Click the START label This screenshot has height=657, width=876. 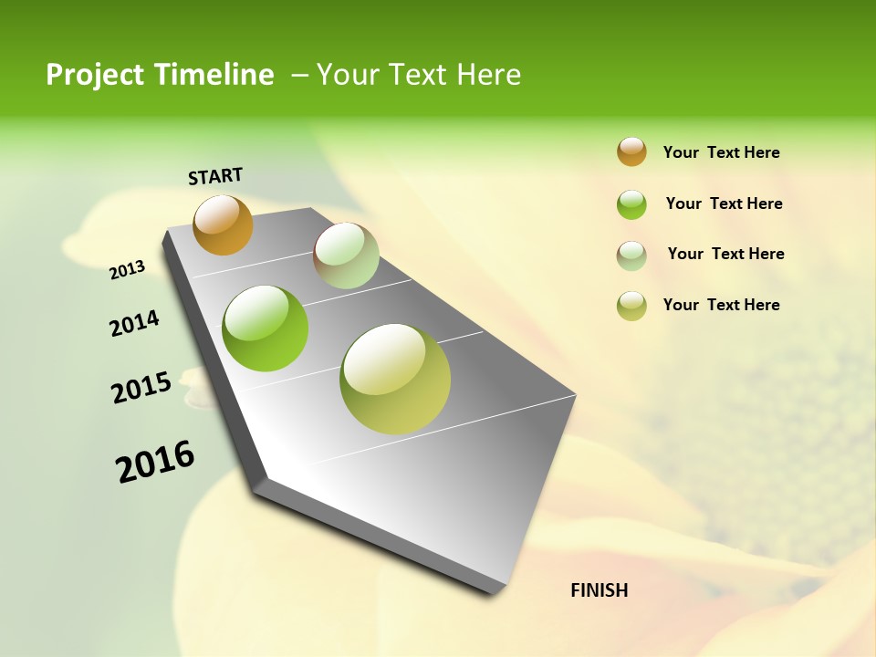215,176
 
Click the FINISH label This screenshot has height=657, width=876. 599,590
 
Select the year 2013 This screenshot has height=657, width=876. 127,270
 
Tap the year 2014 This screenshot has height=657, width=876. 134,323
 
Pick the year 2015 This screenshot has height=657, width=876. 141,387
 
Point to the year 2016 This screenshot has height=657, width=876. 155,462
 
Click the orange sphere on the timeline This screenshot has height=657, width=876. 223,224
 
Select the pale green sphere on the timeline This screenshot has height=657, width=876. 346,255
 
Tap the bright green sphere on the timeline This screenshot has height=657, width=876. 266,328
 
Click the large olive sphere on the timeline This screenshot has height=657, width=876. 395,379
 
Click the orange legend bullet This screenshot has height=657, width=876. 631,151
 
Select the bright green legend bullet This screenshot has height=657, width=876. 631,204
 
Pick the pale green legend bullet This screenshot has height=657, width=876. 631,255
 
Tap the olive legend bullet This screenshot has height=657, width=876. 631,306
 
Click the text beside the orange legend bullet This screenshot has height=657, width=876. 721,152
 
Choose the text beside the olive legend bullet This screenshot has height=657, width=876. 721,305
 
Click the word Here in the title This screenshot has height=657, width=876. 488,75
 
